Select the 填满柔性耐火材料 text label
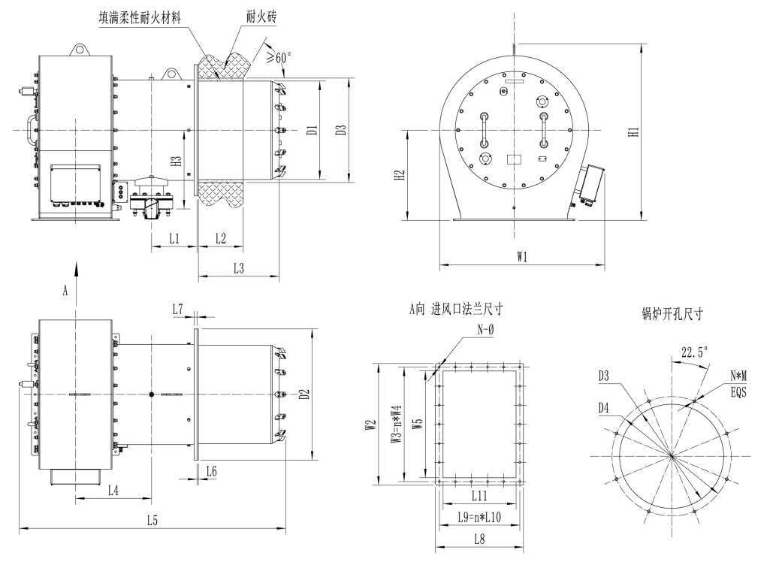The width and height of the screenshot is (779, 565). [x=140, y=18]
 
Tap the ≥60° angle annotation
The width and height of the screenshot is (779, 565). [x=278, y=58]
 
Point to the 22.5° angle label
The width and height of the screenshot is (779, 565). [x=695, y=352]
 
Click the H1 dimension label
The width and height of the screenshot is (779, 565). [x=633, y=132]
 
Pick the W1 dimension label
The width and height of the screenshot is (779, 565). [x=521, y=257]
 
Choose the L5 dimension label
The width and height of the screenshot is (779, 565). [x=152, y=520]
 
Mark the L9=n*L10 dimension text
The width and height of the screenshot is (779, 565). [x=479, y=518]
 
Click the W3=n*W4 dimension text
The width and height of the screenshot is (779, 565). [x=397, y=424]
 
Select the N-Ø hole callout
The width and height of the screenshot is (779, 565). [x=485, y=329]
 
